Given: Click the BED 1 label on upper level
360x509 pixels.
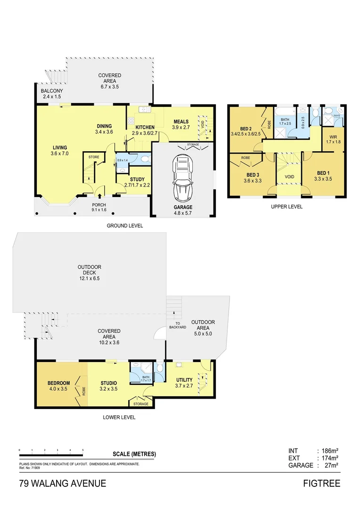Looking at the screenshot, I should (x=323, y=172).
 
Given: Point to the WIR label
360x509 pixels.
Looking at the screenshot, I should (x=332, y=138).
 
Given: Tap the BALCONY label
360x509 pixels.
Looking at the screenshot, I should (x=52, y=90).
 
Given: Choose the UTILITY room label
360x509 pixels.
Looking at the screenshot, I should (x=184, y=380).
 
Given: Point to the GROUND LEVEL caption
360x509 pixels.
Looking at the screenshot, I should (x=124, y=226).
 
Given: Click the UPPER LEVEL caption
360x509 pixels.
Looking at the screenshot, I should (x=287, y=206).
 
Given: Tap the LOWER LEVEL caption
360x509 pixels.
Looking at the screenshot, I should (x=119, y=417).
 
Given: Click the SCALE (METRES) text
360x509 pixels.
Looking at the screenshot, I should (x=134, y=454).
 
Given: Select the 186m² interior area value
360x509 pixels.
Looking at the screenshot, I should (x=329, y=451).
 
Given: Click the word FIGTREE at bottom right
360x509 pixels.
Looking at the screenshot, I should (x=322, y=484).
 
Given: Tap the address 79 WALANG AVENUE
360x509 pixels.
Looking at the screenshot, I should (x=63, y=484).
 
